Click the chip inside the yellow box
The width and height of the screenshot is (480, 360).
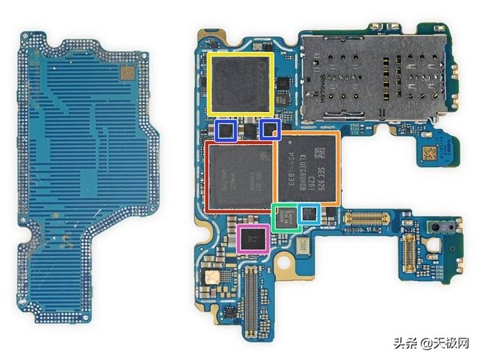[x=240, y=83]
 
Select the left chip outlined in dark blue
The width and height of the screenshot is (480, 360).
[x=225, y=130]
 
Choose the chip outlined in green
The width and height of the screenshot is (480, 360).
[x=286, y=218]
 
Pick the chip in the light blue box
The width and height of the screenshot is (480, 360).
[x=309, y=213]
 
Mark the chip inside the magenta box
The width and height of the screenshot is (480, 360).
[x=253, y=238]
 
